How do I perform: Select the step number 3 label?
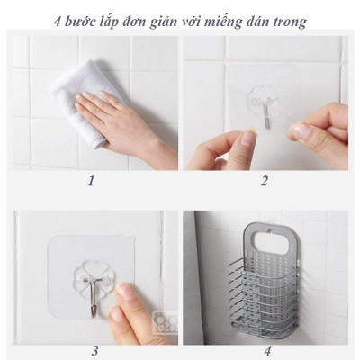(94, 350)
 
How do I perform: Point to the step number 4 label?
(266, 350)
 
